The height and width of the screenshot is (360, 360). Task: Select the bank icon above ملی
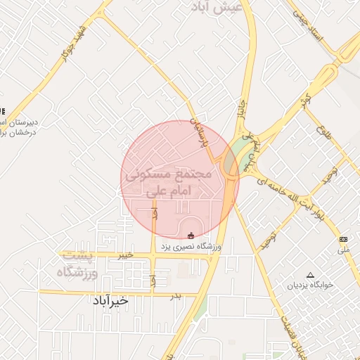pyautogui.click(x=343, y=240)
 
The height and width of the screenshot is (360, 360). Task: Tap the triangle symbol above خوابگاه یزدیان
pyautogui.click(x=310, y=275)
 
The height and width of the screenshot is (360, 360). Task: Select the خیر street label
pyautogui.click(x=125, y=255)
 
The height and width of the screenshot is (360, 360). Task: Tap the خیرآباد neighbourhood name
pyautogui.click(x=110, y=300)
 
